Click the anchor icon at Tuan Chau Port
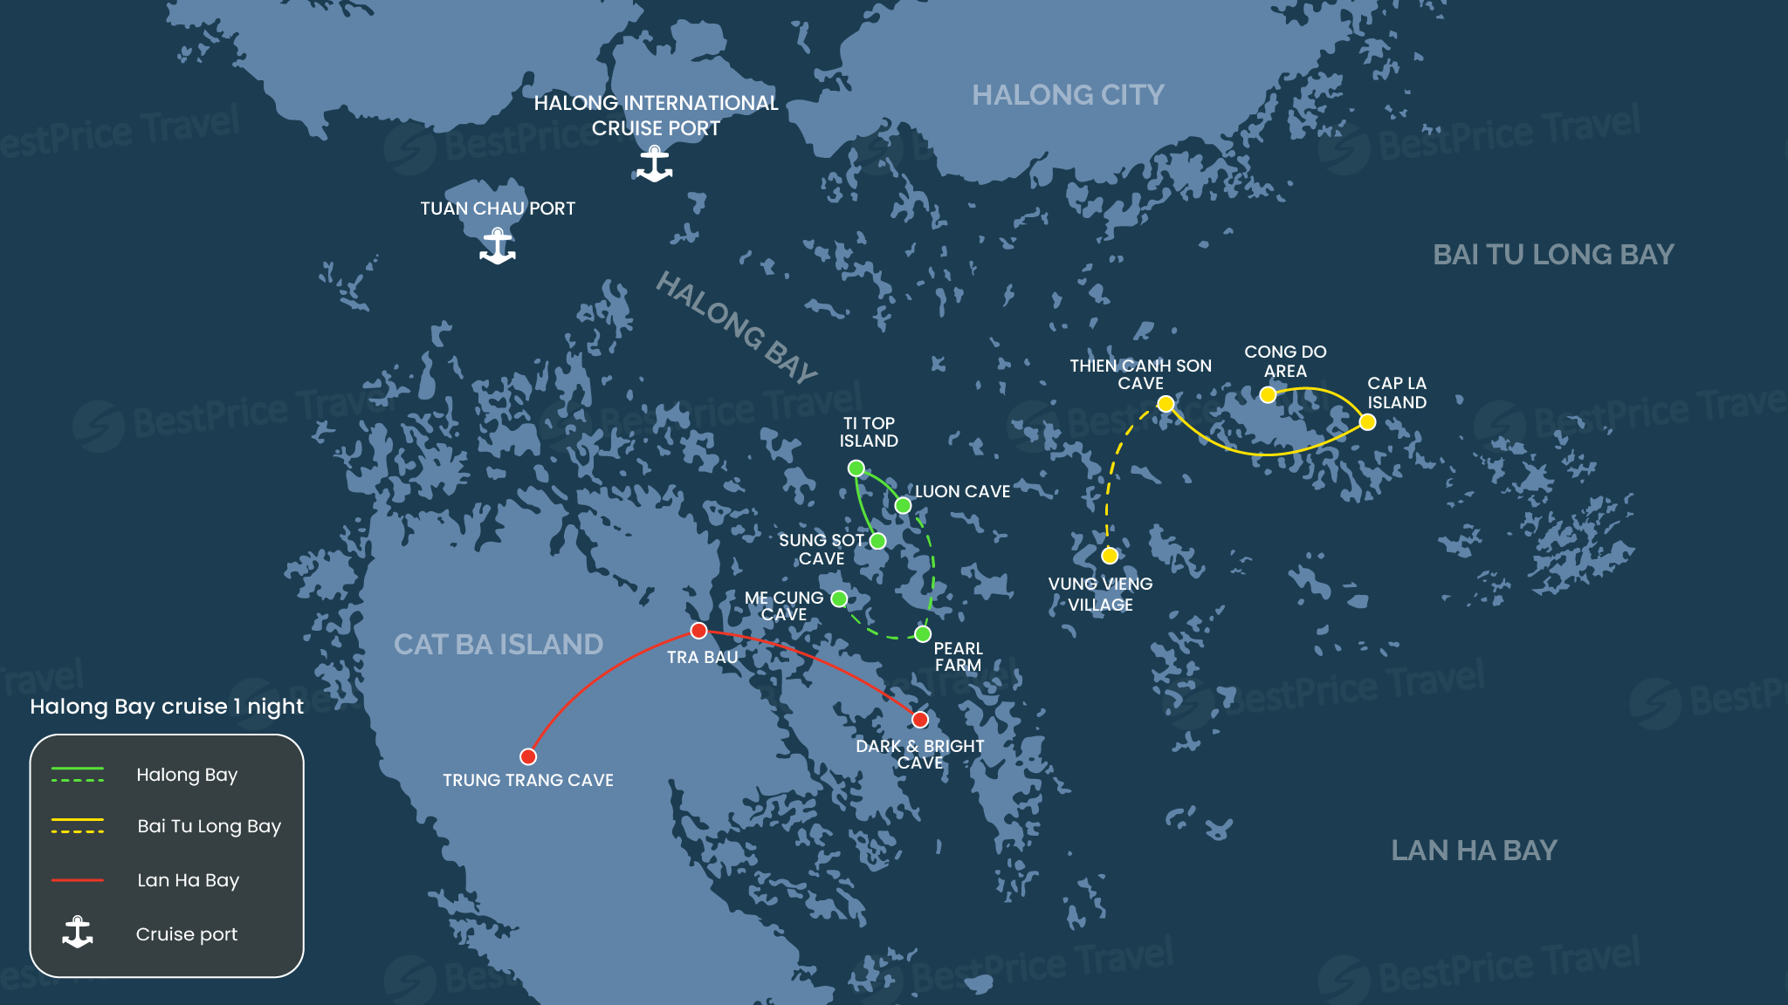point(498,246)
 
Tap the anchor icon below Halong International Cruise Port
point(654,164)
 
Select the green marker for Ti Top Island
point(856,468)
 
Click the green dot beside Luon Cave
point(904,506)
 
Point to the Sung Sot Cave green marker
point(878,541)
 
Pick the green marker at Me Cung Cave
point(839,598)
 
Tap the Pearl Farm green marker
point(923,634)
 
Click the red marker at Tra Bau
point(698,631)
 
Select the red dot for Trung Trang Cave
point(528,756)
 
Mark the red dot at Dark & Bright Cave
point(920,720)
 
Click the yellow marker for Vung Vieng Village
point(1110,556)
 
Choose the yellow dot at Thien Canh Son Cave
point(1166,404)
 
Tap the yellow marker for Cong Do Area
point(1268,395)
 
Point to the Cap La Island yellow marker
point(1368,422)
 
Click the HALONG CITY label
point(1068,94)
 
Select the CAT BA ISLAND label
point(498,644)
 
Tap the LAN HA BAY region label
point(1474,850)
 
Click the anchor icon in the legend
point(78,933)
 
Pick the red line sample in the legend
point(78,880)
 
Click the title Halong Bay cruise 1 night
point(167,706)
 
